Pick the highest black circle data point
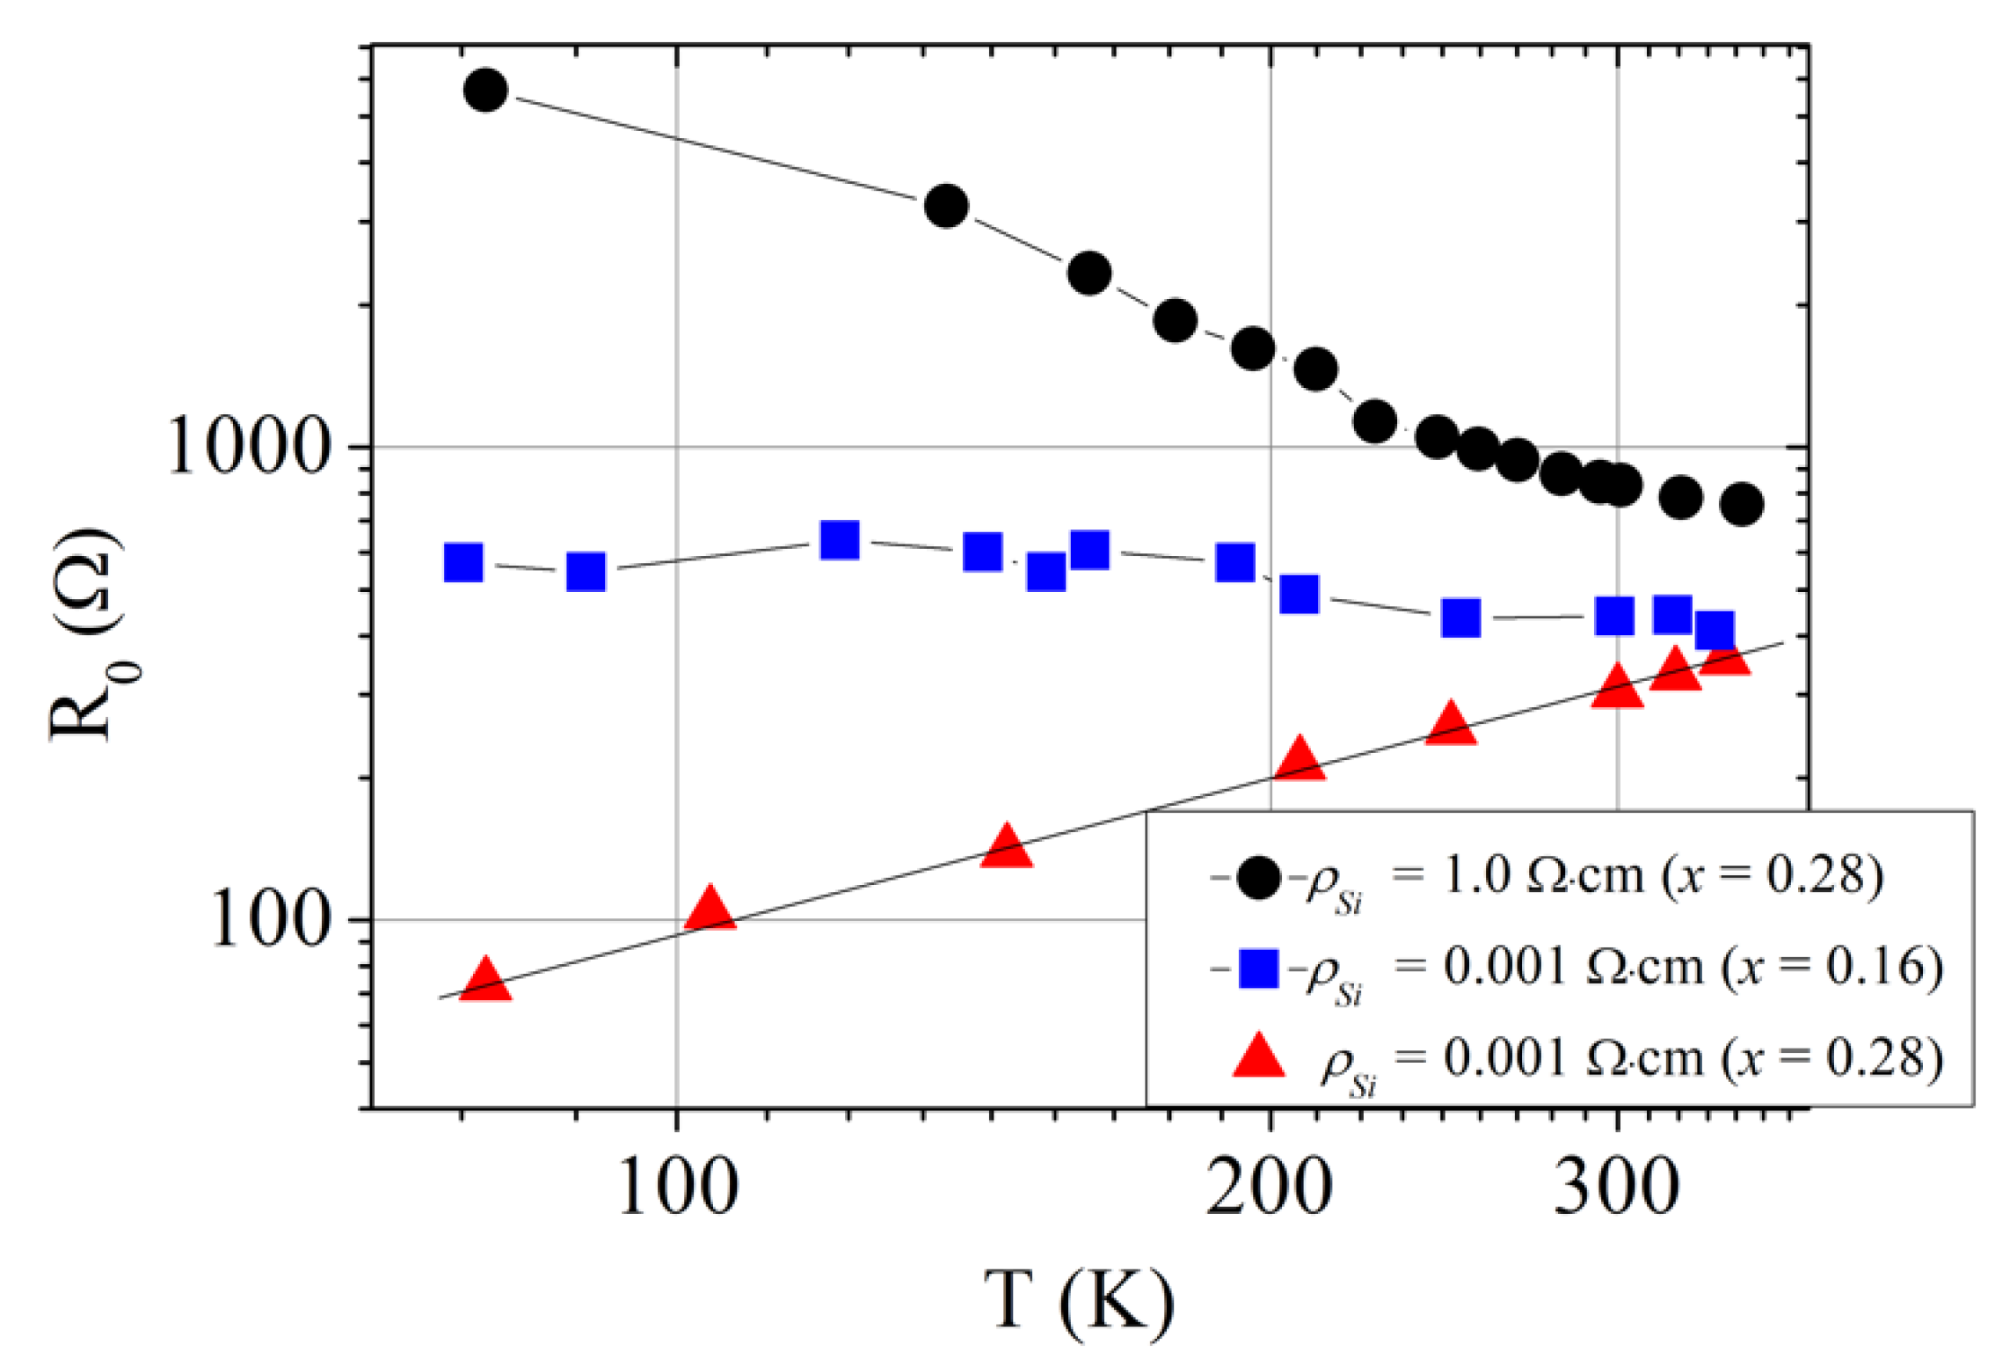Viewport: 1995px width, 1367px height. pyautogui.click(x=485, y=90)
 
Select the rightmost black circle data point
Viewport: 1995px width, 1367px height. pyautogui.click(x=1742, y=504)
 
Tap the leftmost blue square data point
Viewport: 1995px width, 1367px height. pyautogui.click(x=463, y=562)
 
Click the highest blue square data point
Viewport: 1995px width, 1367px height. pyautogui.click(x=840, y=540)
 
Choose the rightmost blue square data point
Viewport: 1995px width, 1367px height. pyautogui.click(x=1715, y=630)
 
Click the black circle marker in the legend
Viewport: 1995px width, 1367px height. pyautogui.click(x=1258, y=877)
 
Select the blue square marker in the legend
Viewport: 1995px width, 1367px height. pyautogui.click(x=1258, y=968)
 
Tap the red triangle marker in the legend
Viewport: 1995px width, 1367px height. pyautogui.click(x=1258, y=1056)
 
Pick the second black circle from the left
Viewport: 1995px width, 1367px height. pyautogui.click(x=947, y=206)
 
